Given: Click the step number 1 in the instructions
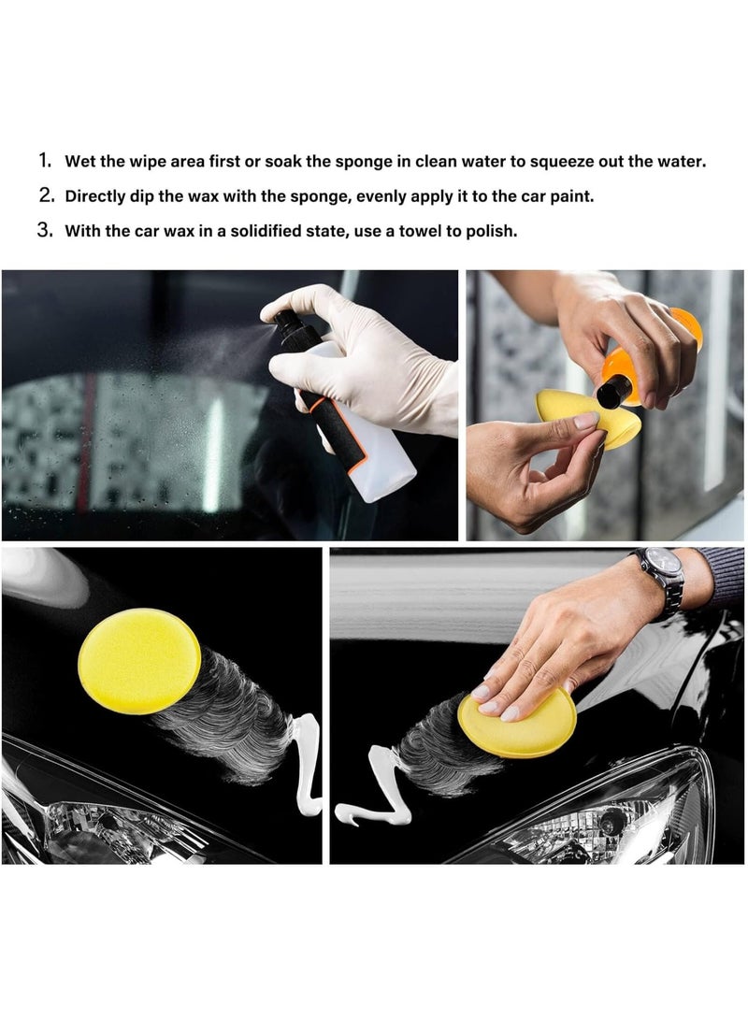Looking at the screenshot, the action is click(44, 161).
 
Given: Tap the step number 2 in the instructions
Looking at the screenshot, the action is click(45, 195).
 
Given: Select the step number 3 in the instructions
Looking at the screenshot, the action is click(45, 230).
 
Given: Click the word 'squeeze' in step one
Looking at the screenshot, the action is click(561, 162).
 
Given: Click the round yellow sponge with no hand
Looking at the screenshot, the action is click(139, 661).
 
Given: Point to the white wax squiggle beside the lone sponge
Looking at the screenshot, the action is click(307, 764).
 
